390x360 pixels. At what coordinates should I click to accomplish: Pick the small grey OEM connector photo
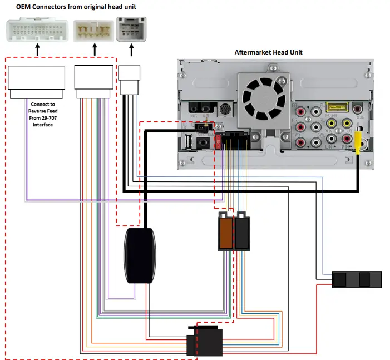(131, 30)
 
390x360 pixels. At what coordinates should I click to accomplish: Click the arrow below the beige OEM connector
(93, 50)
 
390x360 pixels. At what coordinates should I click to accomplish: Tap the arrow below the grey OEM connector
(131, 50)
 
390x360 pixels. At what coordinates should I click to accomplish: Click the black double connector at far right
(357, 279)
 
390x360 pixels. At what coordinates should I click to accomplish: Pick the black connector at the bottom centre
(204, 340)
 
